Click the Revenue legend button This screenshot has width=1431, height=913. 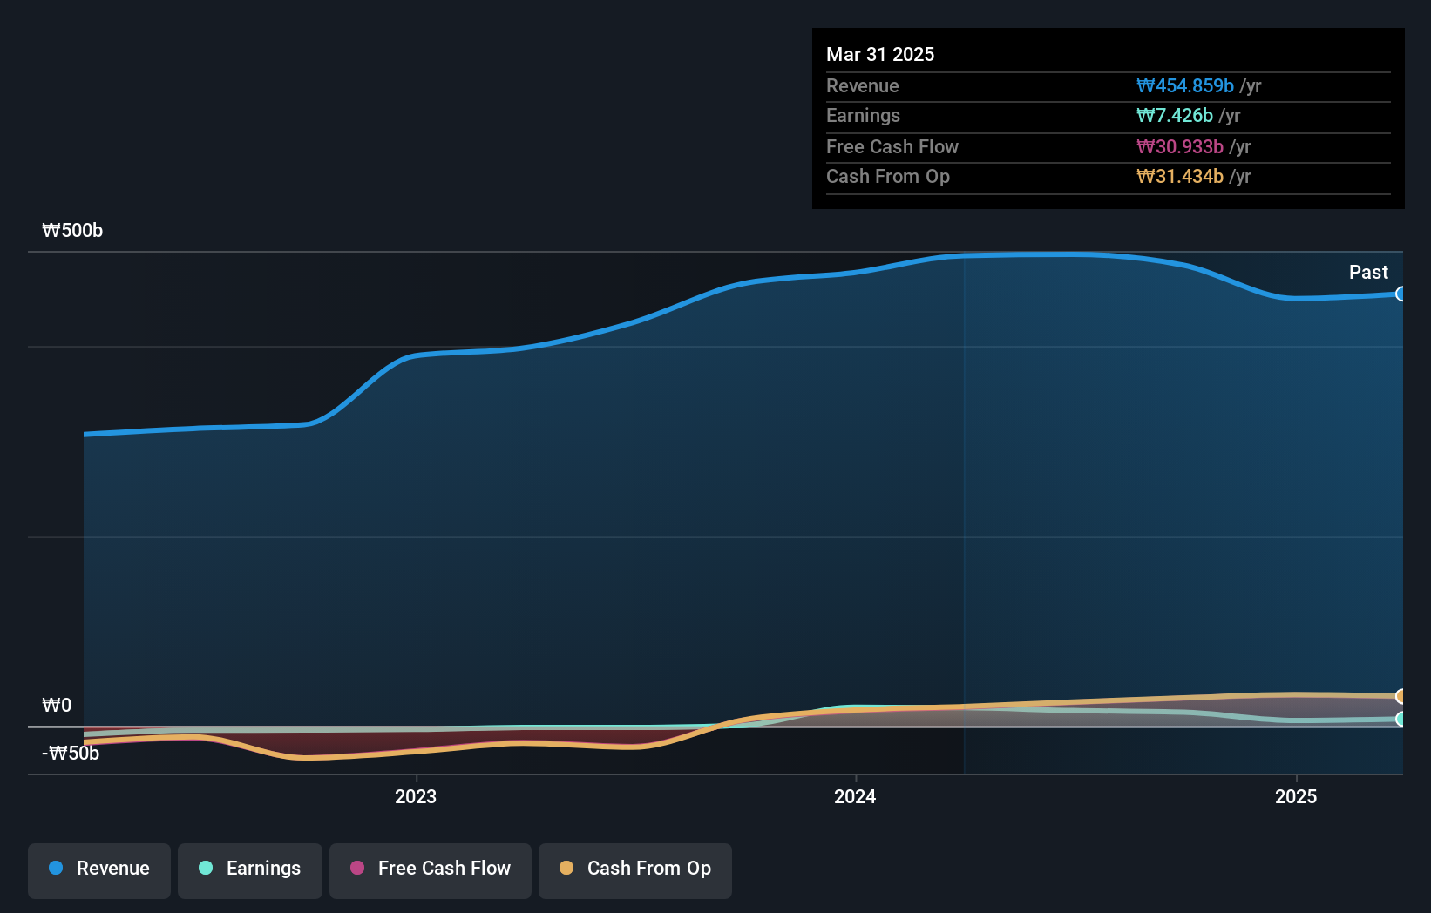point(99,869)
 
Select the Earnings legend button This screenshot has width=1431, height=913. point(250,869)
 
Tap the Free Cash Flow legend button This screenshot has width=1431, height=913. point(431,869)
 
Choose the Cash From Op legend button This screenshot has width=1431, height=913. point(635,869)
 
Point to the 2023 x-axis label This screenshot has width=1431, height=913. point(416,796)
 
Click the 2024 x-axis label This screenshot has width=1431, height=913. point(855,796)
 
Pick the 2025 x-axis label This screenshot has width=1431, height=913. point(1296,796)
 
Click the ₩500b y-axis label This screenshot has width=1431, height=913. point(72,231)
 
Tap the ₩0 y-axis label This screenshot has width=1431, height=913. point(57,705)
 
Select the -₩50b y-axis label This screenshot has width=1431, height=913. point(71,753)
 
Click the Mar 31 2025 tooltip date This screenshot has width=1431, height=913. point(880,54)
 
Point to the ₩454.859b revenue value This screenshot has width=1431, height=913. point(1185,85)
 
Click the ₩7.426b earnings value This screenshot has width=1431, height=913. point(1175,116)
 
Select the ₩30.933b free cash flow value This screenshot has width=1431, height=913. point(1180,146)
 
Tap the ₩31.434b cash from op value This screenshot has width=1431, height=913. point(1180,177)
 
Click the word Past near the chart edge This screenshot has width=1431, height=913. point(1368,272)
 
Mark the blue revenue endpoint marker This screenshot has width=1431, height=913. point(1400,294)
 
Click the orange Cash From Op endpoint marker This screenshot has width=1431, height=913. point(1400,696)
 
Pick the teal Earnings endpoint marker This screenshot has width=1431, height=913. point(1400,719)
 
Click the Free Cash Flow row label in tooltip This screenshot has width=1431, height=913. point(892,146)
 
